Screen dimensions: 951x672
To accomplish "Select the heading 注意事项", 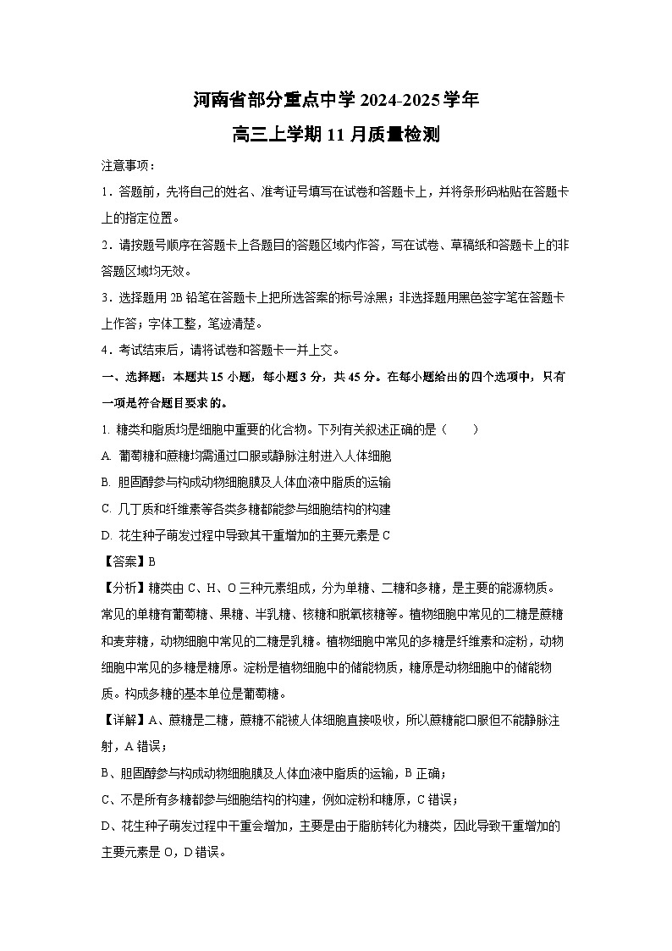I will click(125, 165).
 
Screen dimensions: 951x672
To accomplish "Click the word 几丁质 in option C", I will click(134, 508).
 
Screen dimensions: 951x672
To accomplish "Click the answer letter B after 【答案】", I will click(152, 561).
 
